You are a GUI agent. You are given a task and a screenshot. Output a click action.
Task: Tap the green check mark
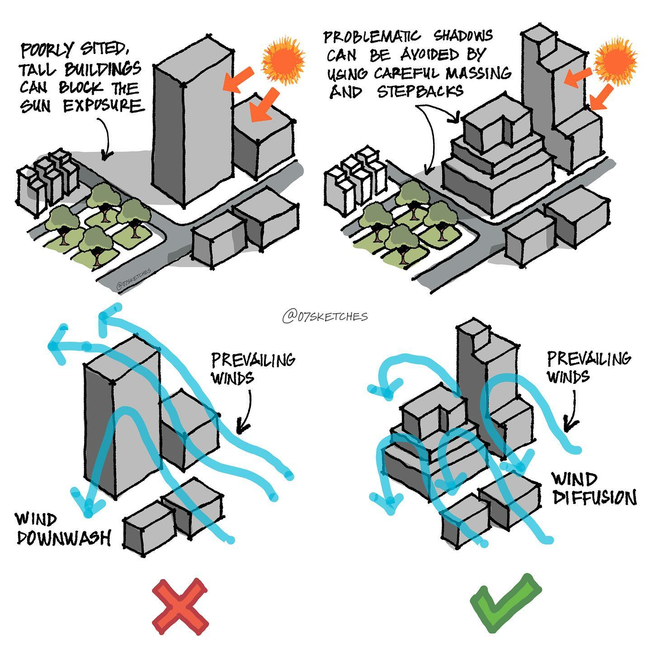(505, 604)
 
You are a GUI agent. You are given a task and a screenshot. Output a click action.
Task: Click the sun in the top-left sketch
(283, 62)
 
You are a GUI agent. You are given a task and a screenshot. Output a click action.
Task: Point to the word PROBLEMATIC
(372, 36)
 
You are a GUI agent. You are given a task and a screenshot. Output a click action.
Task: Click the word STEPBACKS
(420, 91)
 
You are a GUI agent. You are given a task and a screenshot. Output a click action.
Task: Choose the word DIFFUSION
(594, 498)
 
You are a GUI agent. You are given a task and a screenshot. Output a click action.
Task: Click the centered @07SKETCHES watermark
(325, 316)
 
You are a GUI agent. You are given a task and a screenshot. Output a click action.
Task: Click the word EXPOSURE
(103, 106)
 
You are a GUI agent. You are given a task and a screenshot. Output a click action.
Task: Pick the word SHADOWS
(463, 35)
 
